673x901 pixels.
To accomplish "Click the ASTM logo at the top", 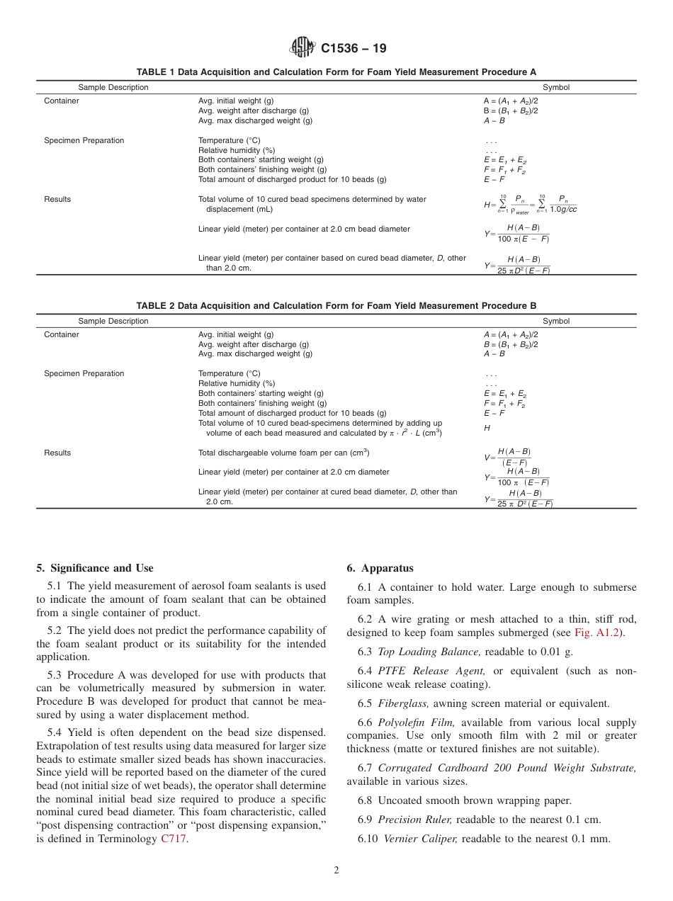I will pos(302,48).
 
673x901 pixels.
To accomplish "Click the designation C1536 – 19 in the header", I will pos(354,49).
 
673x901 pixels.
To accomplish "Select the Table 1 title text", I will pos(336,72).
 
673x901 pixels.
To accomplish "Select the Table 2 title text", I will pos(336,306).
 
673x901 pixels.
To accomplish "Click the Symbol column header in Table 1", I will pos(555,88).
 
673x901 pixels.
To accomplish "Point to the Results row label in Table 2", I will pos(57,453).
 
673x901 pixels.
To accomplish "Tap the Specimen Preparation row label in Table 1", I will pos(84,140).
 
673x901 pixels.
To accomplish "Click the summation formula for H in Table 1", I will pos(530,205).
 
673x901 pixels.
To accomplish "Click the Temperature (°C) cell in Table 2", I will pos(229,373).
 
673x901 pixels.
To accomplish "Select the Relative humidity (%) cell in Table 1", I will pos(236,150).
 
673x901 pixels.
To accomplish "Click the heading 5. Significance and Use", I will pos(94,568).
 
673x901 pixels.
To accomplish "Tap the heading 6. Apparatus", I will pos(380,568).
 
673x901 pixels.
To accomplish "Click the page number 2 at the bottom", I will pos(336,871).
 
